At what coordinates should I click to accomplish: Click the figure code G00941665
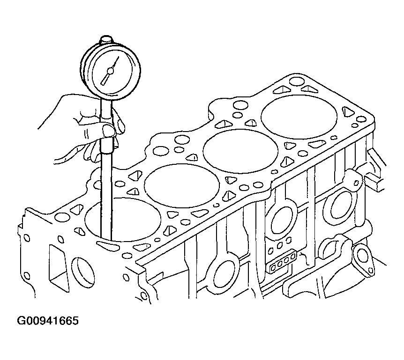48,321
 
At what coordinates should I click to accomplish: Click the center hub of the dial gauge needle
111,71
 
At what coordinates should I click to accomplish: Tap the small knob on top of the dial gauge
106,40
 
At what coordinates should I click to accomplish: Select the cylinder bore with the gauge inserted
123,220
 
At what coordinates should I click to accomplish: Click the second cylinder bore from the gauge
182,185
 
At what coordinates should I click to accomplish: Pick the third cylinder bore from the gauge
240,151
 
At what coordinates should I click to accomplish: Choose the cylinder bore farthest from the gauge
299,117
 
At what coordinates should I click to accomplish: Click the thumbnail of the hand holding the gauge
108,130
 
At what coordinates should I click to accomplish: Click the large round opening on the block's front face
82,272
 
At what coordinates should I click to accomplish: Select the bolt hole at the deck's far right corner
362,119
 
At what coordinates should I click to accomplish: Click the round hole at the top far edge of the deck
297,81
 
